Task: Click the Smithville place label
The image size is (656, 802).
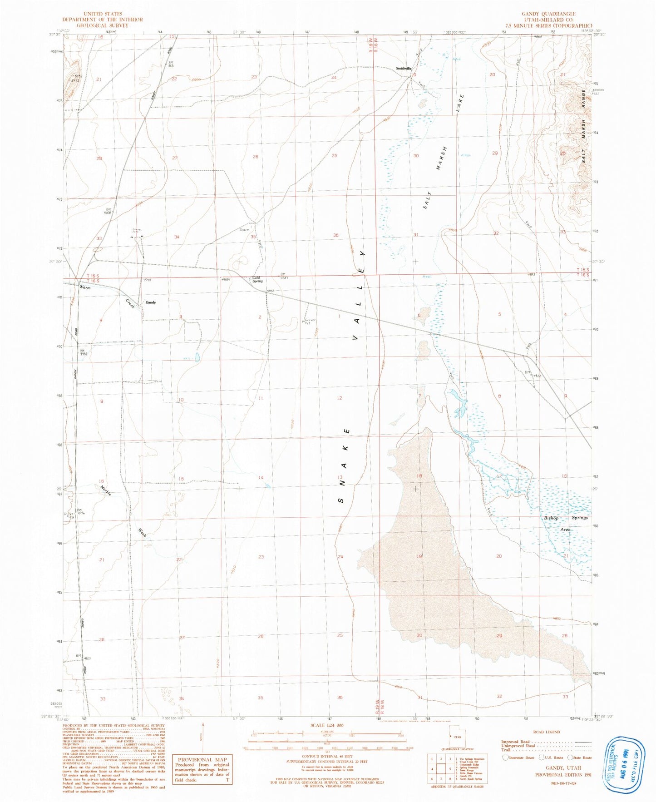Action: (403, 69)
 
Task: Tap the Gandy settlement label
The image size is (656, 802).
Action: (150, 302)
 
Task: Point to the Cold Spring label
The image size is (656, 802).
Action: (257, 279)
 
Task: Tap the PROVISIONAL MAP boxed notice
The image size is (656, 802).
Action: (202, 759)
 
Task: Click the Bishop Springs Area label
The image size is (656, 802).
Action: (566, 523)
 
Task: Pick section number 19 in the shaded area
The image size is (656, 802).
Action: (419, 556)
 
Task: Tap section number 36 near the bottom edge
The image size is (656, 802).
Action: (340, 697)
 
